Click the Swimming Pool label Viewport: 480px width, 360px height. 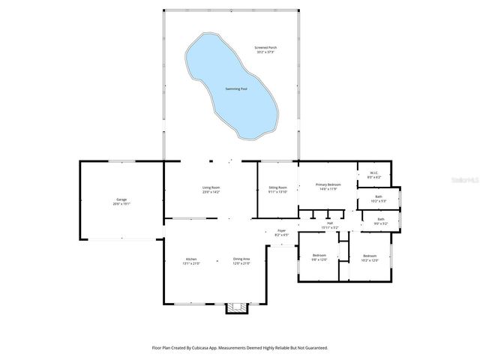pos(236,89)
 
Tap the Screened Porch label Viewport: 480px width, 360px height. pos(265,49)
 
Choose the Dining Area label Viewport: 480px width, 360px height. pos(240,260)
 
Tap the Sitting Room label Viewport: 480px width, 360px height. pos(278,189)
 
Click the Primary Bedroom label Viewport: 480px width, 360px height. pos(328,186)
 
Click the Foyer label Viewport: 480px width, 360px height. pos(281,232)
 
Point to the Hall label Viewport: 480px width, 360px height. pos(330,224)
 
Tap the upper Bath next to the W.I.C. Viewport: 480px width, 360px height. pos(379,199)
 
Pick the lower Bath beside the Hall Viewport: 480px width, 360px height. pos(381,220)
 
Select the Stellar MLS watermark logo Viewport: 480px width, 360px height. pos(464,181)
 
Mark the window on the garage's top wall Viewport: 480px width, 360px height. pos(122,160)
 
